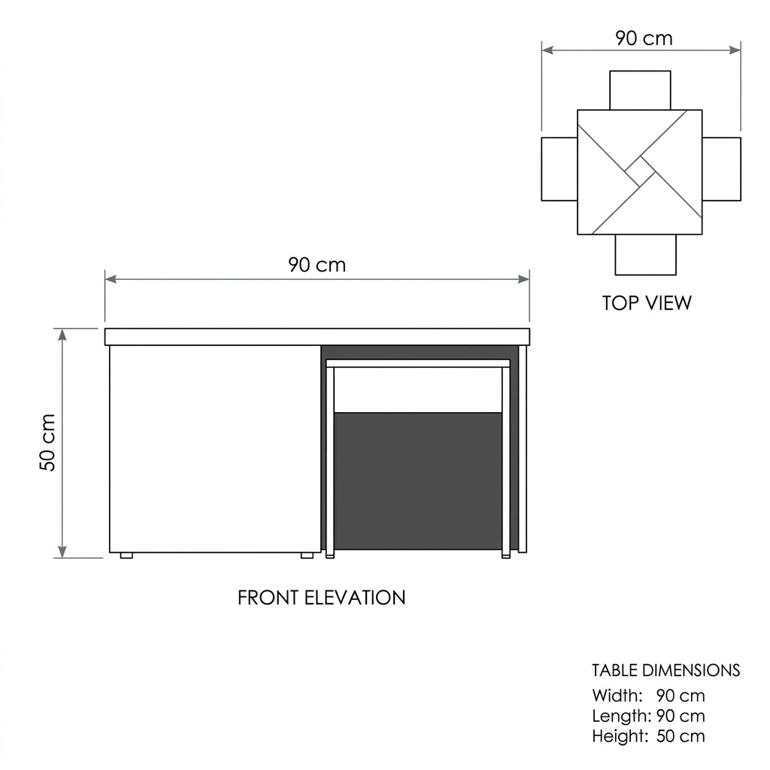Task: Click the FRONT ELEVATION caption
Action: point(322,598)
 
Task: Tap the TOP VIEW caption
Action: point(647,303)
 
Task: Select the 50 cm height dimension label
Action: point(47,442)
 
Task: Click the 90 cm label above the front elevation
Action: point(317,265)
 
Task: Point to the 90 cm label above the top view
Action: point(644,38)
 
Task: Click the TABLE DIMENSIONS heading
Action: point(666,670)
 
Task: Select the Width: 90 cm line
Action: point(648,696)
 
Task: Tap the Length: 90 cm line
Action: point(648,716)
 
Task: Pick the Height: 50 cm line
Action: point(648,736)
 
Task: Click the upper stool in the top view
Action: point(640,90)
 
